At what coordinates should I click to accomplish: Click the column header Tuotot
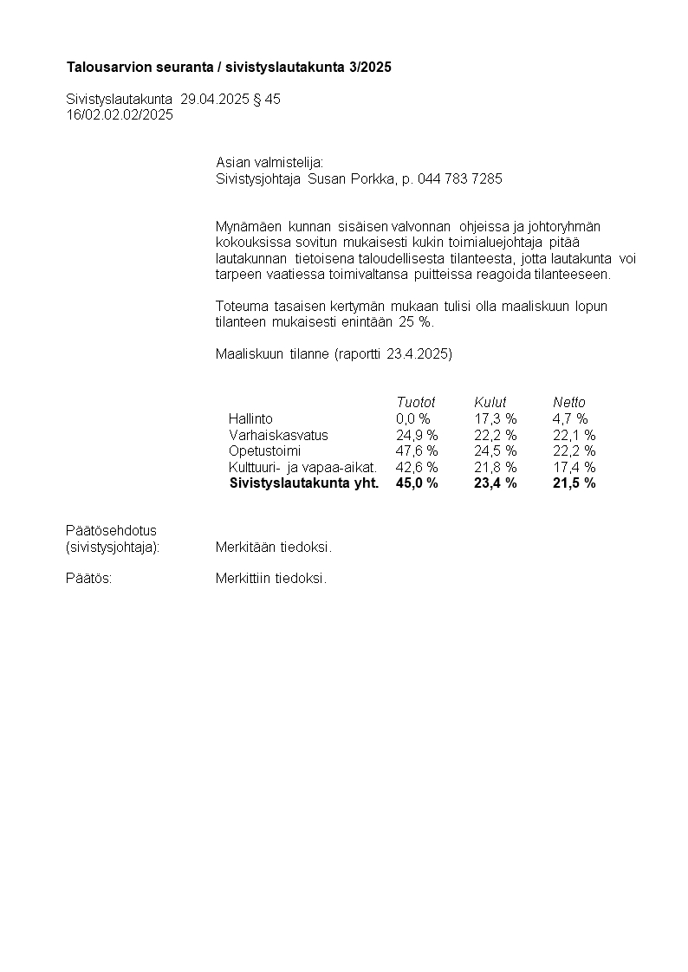[x=415, y=402]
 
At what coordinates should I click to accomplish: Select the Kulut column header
[x=490, y=402]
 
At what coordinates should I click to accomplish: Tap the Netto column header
[x=569, y=402]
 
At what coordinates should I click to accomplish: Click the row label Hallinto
[x=250, y=418]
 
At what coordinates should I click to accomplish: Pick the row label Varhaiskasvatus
[x=278, y=435]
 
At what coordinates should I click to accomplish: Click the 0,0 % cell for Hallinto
[x=412, y=418]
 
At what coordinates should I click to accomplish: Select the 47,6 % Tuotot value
[x=417, y=451]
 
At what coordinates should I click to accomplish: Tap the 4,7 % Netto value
[x=570, y=418]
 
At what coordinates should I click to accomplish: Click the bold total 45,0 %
[x=417, y=483]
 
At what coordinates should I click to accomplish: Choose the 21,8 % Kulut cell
[x=496, y=468]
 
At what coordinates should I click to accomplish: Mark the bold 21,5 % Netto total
[x=574, y=483]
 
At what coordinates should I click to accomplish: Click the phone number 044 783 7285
[x=459, y=178]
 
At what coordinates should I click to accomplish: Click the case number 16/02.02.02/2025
[x=120, y=114]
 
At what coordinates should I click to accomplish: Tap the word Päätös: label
[x=89, y=579]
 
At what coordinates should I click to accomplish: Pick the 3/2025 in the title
[x=371, y=68]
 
